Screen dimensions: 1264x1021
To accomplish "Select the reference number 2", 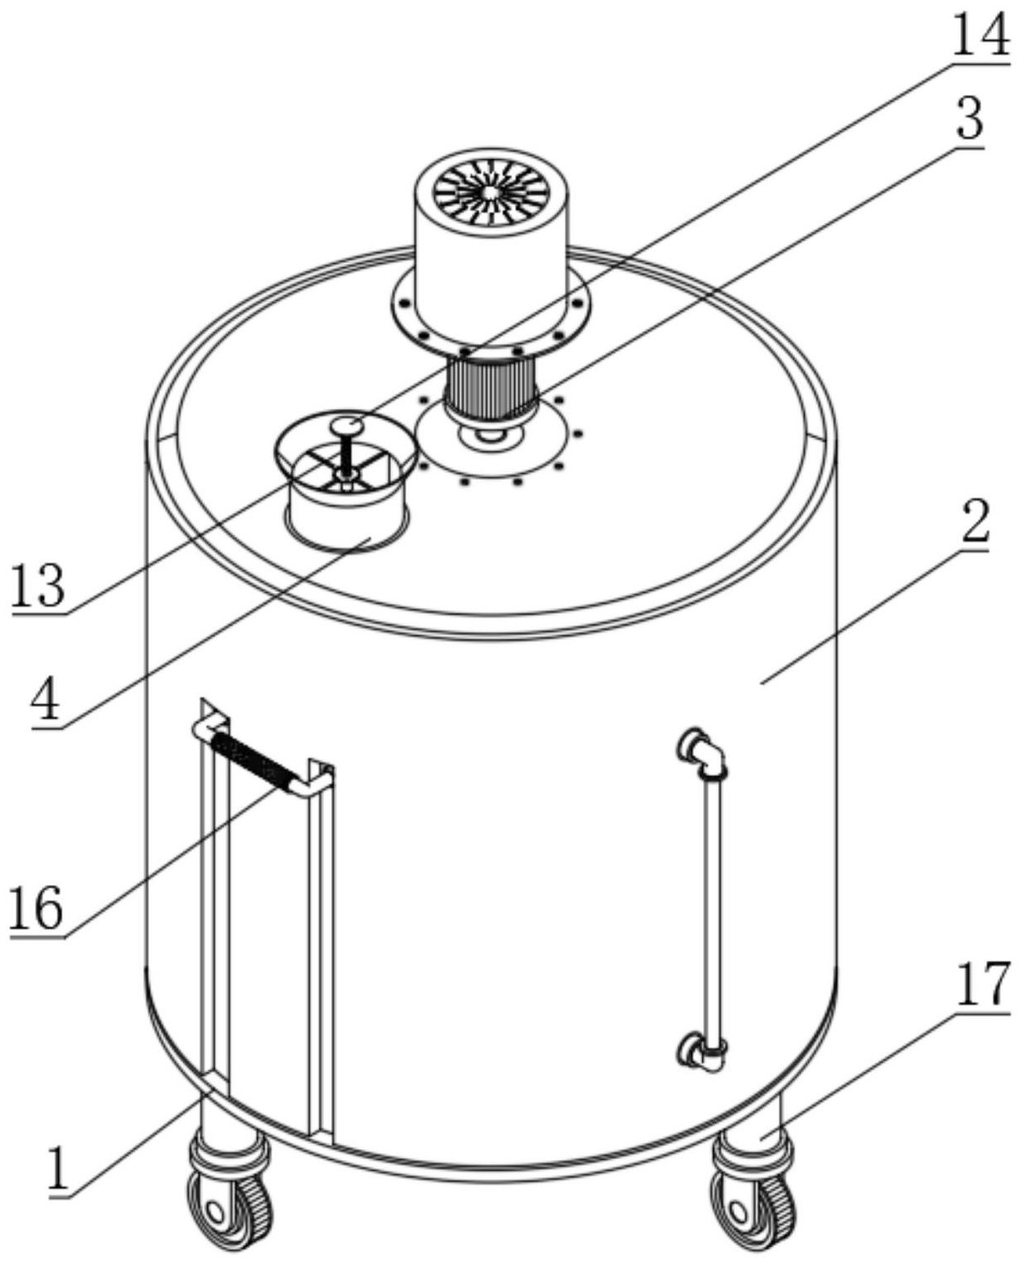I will point(974,523).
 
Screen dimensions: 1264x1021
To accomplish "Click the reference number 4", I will point(46,700).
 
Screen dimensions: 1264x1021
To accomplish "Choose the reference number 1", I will point(58,1168).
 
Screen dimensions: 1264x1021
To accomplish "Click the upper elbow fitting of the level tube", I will point(703,749).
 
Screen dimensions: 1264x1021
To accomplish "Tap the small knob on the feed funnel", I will point(347,426).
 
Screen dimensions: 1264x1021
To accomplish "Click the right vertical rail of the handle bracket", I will point(321,949).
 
